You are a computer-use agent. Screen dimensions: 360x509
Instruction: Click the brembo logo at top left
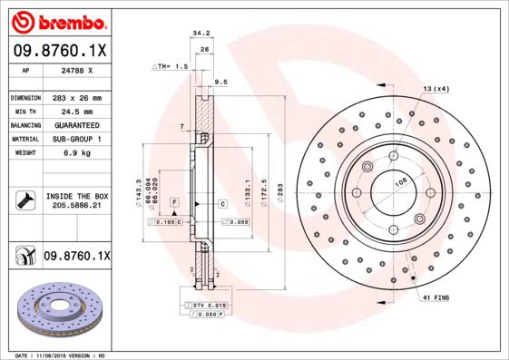[x=57, y=21]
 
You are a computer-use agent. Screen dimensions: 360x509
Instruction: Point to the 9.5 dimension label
[x=220, y=82]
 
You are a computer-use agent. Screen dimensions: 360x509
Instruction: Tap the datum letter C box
[x=221, y=204]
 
